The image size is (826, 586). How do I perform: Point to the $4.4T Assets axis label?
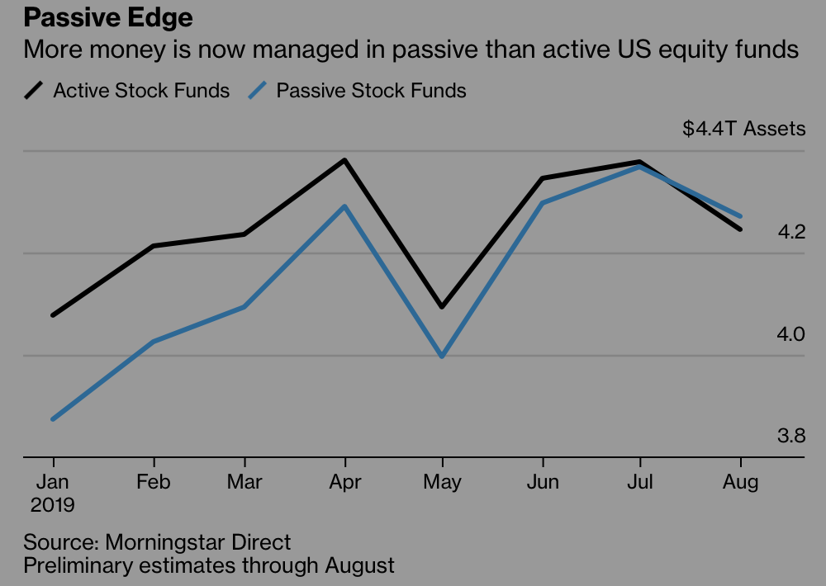[743, 129]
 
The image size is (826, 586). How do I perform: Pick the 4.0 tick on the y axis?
[790, 335]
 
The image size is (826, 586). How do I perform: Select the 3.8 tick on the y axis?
[790, 437]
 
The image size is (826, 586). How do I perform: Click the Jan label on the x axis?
[54, 482]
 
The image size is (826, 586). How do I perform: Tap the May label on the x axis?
[443, 482]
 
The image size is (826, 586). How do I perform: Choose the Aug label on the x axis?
[740, 482]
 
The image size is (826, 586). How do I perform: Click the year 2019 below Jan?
[54, 504]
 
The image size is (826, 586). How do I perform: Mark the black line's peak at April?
[344, 159]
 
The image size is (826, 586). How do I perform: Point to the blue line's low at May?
[443, 357]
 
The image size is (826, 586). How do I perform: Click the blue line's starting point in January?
[54, 419]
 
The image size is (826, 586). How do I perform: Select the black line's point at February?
[154, 246]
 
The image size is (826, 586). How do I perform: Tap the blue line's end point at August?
[740, 216]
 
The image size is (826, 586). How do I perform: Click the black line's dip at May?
[443, 307]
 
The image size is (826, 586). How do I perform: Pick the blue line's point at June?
[542, 202]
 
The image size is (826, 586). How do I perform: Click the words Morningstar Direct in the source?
[198, 543]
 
